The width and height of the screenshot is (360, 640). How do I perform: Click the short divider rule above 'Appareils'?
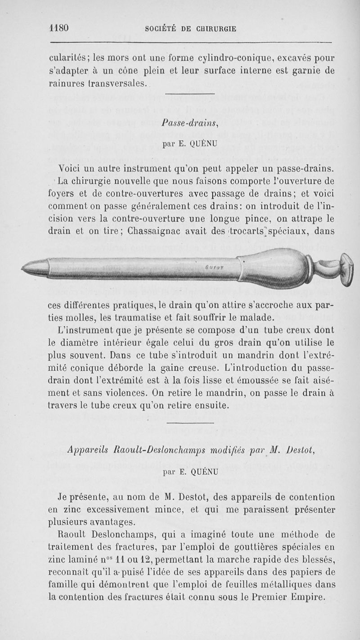(x=190, y=423)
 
